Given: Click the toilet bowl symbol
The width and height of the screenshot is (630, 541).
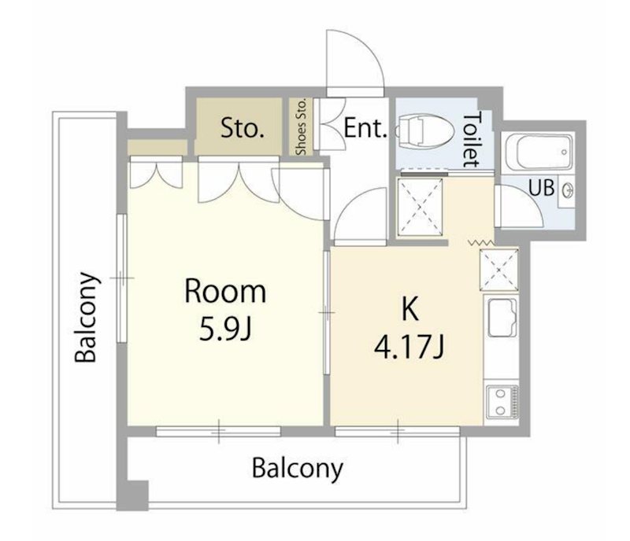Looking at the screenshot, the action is [423, 130].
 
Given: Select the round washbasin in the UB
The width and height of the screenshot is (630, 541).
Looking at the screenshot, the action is [568, 190].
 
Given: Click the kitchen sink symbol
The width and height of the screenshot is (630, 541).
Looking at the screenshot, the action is [502, 318].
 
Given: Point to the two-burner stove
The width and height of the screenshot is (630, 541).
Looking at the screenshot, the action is [502, 401].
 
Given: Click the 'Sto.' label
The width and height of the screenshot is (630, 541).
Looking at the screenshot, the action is [243, 128].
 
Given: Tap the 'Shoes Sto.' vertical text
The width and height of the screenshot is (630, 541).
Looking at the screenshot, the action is [301, 127].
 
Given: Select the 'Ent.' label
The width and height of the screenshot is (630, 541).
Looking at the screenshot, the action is [365, 128].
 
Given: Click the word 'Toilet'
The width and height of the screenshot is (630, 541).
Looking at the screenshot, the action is [472, 139].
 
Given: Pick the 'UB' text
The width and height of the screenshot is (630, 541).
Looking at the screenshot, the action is [542, 187].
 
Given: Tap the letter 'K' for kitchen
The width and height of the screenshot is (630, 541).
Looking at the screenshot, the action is [409, 310].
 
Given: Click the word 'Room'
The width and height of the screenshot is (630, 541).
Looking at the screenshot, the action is [225, 292].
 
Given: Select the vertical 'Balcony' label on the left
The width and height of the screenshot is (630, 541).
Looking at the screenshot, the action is [87, 317].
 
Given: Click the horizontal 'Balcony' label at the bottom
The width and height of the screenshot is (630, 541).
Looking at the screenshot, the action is [298, 468].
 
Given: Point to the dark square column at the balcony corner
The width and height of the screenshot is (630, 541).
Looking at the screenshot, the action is [132, 495].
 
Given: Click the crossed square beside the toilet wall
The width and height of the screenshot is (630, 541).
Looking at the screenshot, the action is [420, 207].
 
